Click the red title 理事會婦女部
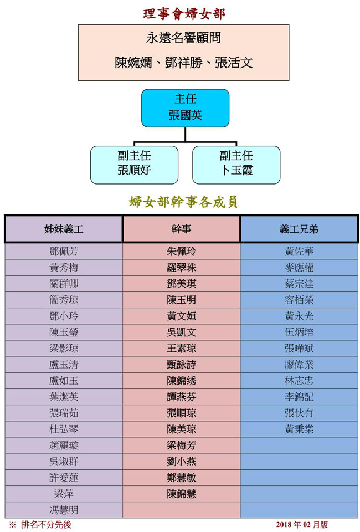pyautogui.click(x=184, y=14)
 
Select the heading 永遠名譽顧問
pyautogui.click(x=183, y=38)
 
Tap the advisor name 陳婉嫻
pyautogui.click(x=133, y=63)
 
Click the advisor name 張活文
pyautogui.click(x=234, y=63)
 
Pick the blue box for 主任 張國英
pyautogui.click(x=185, y=108)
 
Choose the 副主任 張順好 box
pyautogui.click(x=134, y=165)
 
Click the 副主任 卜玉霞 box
pyautogui.click(x=236, y=165)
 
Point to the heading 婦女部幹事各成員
pyautogui.click(x=183, y=202)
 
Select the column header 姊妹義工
pyautogui.click(x=64, y=229)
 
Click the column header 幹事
pyautogui.click(x=181, y=229)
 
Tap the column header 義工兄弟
pyautogui.click(x=299, y=229)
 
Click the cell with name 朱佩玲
pyautogui.click(x=181, y=252)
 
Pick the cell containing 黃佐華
pyautogui.click(x=299, y=252)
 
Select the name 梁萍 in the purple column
pyautogui.click(x=64, y=494)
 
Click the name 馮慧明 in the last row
pyautogui.click(x=64, y=510)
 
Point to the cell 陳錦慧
pyautogui.click(x=181, y=494)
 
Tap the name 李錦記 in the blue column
pyautogui.click(x=299, y=397)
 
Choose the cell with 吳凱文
pyautogui.click(x=181, y=332)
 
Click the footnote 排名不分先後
pyautogui.click(x=47, y=525)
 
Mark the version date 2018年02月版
pyautogui.click(x=302, y=525)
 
